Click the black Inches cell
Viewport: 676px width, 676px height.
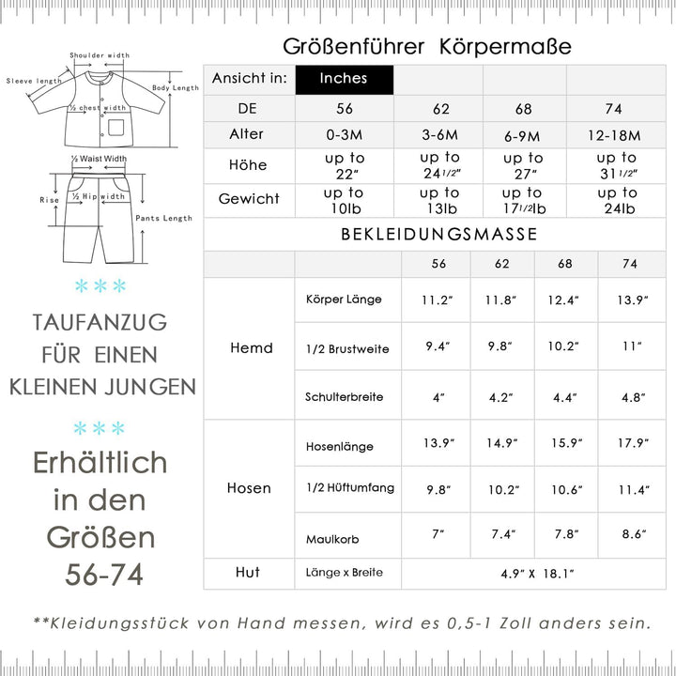[344, 79]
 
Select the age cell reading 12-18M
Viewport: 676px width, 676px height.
[617, 134]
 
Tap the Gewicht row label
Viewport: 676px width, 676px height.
[249, 199]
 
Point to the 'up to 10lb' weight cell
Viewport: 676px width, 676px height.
[344, 199]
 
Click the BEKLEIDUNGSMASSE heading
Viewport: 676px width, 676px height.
[439, 234]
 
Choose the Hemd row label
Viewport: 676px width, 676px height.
[251, 347]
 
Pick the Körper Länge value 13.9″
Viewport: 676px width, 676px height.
[630, 300]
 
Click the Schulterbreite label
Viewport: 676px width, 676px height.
[345, 396]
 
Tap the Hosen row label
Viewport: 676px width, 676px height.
[249, 488]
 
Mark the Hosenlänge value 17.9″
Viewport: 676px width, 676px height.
[630, 443]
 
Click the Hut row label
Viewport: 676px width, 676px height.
[249, 572]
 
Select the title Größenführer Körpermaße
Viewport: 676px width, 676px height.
[427, 47]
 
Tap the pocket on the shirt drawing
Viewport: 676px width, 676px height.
[115, 127]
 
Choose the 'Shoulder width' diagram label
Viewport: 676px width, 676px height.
[100, 55]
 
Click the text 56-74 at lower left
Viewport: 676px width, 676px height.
[104, 574]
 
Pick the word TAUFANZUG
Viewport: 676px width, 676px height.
[100, 322]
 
